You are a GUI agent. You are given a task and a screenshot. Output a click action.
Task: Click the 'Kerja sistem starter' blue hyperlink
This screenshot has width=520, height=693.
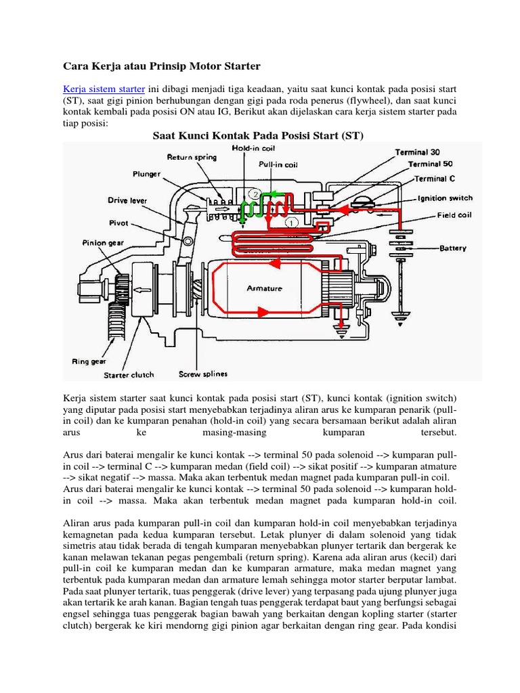pos(104,89)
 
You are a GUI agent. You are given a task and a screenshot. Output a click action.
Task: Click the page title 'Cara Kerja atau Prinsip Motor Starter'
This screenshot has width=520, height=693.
pos(161,66)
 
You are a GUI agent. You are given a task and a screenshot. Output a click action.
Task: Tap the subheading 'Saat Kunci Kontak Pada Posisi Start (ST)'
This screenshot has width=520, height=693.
pos(259,135)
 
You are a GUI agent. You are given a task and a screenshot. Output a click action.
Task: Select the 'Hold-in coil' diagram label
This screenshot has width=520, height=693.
pos(252,148)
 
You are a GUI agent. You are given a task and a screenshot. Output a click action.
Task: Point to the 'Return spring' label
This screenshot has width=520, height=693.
pos(192,157)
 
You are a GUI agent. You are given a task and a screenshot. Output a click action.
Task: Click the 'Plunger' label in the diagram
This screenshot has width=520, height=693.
pos(147,174)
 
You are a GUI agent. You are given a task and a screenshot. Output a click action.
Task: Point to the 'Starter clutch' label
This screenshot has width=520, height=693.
pos(129,374)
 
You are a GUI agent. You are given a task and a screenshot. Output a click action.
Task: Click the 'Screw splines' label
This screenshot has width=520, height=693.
pos(203,374)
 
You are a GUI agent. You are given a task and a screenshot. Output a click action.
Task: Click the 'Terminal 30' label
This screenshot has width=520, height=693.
pos(418,152)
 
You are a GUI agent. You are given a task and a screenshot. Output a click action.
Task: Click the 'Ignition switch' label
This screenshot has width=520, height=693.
pos(445,198)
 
